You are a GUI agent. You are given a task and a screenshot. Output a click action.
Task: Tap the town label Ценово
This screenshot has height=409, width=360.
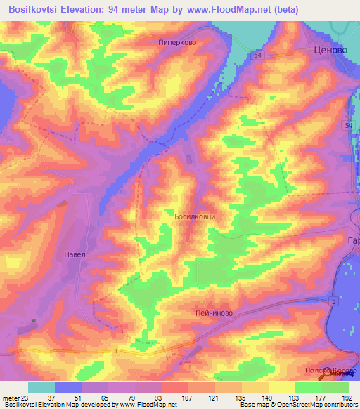330,51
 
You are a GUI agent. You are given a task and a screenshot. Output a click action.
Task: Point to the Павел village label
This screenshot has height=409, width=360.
74,254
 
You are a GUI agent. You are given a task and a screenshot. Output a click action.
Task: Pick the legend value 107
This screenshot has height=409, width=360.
186,398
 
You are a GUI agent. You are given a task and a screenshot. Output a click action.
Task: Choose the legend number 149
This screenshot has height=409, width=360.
268,398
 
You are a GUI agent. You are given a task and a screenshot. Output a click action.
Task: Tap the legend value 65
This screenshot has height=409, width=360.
105,398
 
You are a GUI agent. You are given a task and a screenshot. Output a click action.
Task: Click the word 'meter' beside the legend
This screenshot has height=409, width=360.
10,398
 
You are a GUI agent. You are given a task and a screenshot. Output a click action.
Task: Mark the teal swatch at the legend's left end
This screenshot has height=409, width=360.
41,387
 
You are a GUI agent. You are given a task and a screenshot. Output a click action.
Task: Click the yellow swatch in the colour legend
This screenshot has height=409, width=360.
281,387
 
